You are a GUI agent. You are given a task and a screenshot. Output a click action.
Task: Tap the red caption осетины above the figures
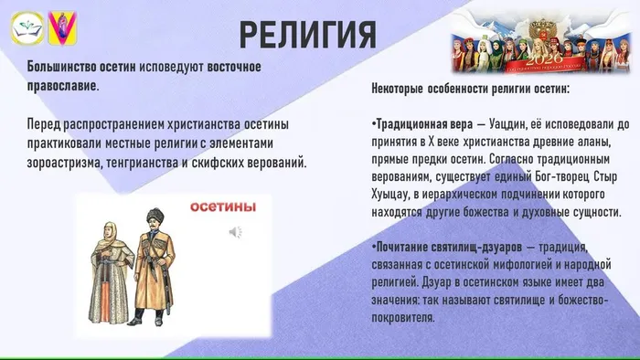[221, 207]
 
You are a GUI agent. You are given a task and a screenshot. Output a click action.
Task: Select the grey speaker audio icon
[235, 232]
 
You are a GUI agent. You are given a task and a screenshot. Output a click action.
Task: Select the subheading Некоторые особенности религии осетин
[471, 89]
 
